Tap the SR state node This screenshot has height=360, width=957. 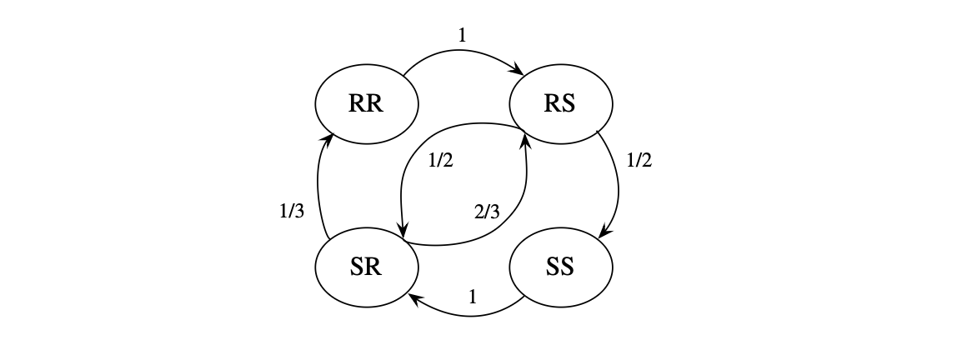[367, 268]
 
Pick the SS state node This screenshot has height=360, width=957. [561, 268]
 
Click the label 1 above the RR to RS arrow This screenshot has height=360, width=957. [463, 36]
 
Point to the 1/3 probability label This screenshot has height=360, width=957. [291, 212]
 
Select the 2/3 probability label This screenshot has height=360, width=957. [486, 212]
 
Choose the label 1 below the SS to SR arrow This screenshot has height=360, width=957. [473, 296]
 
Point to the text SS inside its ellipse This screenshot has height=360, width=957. [560, 268]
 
